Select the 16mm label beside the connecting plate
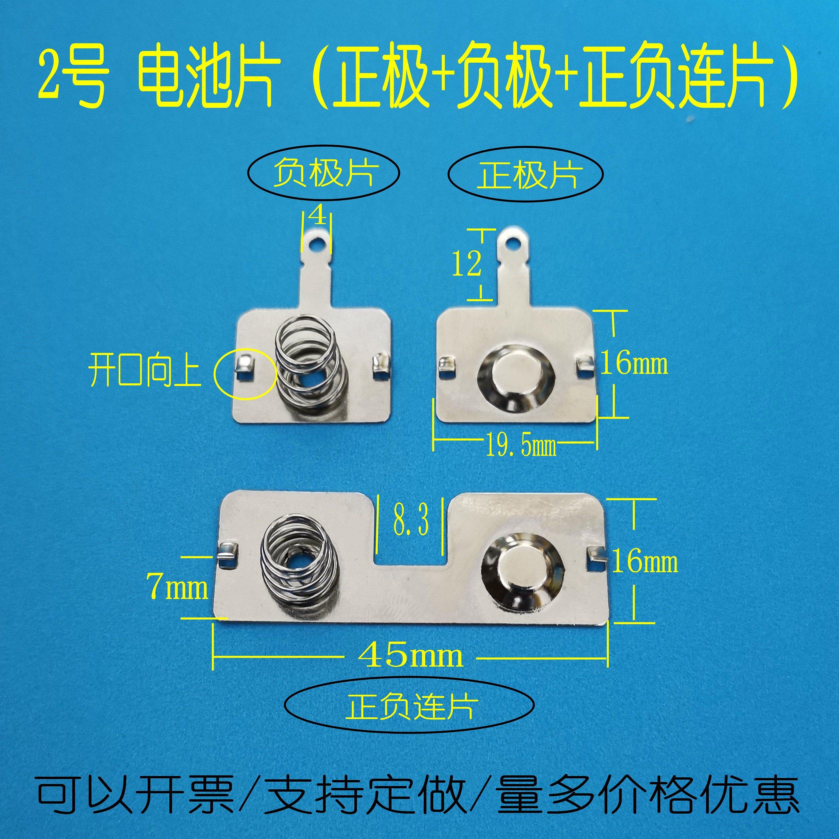pos(644,562)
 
